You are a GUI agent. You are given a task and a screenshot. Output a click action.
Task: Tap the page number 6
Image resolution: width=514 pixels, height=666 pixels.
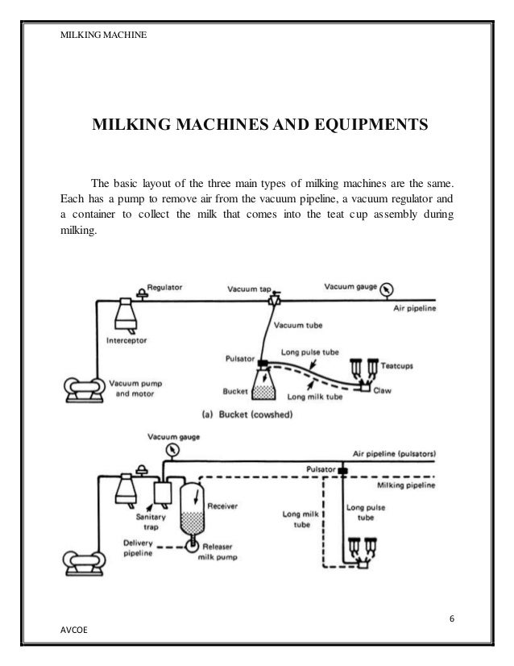(452, 618)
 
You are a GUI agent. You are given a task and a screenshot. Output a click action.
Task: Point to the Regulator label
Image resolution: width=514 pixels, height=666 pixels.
(167, 285)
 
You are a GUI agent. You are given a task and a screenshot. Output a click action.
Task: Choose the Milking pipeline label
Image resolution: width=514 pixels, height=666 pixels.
(406, 485)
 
